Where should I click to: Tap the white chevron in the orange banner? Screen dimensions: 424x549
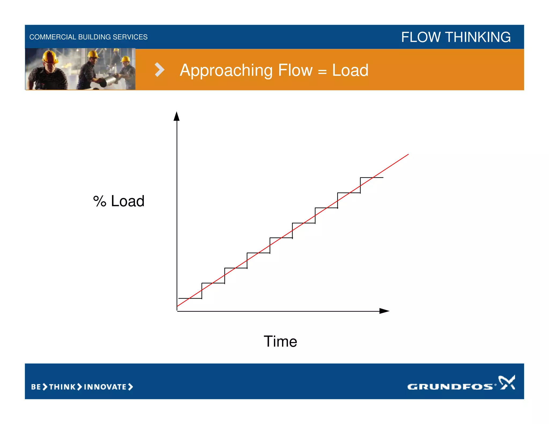tap(159, 70)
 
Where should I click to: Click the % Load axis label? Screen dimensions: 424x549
tap(119, 201)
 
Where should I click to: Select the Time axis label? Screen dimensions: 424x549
tap(280, 341)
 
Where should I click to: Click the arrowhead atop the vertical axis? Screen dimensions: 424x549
tap(176, 117)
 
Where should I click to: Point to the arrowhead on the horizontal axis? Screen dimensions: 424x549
tap(384, 311)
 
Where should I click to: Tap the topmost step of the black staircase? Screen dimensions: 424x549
tap(372, 177)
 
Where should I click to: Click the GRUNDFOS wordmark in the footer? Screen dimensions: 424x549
tap(450, 386)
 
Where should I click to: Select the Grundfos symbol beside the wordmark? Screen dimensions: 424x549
tap(507, 382)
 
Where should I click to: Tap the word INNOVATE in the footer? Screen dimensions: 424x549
tap(105, 387)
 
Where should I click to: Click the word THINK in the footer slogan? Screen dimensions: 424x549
tap(62, 387)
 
